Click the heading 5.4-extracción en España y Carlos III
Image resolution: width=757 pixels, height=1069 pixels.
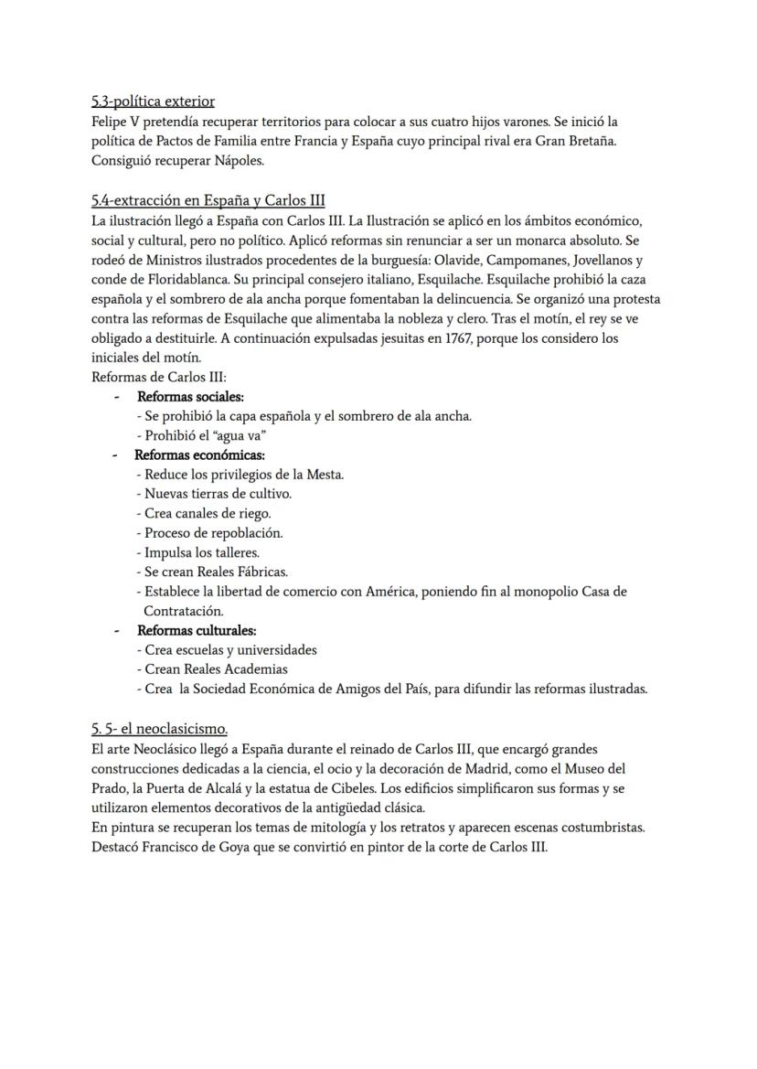point(208,201)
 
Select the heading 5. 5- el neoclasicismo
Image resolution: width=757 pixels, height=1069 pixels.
point(159,730)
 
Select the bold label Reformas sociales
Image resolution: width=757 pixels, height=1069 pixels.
point(190,397)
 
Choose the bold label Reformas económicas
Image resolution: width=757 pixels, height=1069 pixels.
point(199,454)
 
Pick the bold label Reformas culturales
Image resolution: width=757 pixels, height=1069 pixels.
point(197,631)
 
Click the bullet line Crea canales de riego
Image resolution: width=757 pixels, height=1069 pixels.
point(203,514)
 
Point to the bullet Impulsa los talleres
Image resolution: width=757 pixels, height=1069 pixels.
point(197,552)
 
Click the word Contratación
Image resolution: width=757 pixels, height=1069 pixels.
point(183,611)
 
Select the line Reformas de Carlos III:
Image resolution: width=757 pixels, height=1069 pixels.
point(152,377)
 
